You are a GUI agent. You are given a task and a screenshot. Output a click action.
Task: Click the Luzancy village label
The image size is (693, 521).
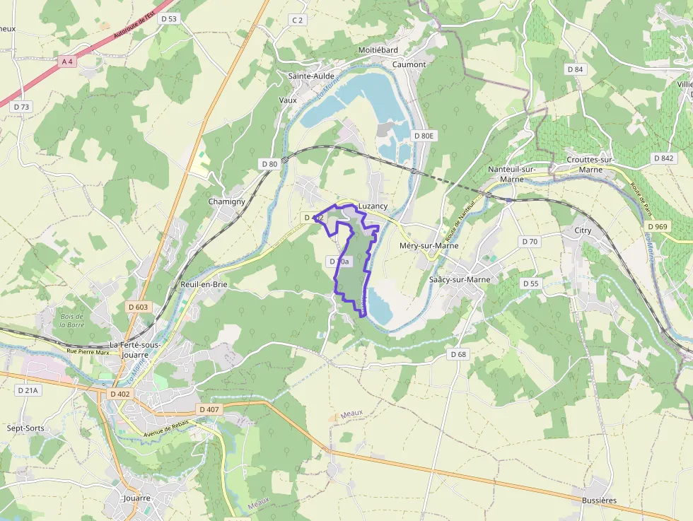click(x=373, y=206)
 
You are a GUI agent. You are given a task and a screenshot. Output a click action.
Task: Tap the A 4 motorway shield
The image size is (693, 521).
click(x=67, y=62)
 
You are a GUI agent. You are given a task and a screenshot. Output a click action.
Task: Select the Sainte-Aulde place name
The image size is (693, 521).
click(x=310, y=76)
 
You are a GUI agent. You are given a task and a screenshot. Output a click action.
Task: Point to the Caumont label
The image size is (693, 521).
click(x=409, y=64)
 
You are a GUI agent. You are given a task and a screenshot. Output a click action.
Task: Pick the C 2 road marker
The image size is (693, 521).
click(x=298, y=20)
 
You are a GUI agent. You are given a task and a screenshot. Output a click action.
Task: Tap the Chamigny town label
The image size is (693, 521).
click(x=226, y=201)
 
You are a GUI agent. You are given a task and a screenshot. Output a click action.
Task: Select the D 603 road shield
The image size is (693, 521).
click(x=139, y=307)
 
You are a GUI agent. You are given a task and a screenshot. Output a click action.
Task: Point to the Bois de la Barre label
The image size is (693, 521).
click(x=71, y=320)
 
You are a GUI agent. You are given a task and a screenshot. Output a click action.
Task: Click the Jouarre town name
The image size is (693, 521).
click(x=136, y=498)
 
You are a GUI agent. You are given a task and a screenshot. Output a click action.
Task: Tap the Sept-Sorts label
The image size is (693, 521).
click(x=25, y=428)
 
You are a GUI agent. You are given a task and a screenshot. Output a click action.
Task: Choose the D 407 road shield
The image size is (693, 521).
click(x=210, y=409)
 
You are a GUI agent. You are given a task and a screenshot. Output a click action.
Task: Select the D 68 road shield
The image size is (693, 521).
click(x=458, y=353)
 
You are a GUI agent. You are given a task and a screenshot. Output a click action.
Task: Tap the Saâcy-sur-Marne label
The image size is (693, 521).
click(x=459, y=280)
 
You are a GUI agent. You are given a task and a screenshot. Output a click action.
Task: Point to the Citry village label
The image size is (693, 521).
click(x=583, y=230)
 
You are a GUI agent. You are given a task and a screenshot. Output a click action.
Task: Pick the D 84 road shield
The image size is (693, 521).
click(x=575, y=69)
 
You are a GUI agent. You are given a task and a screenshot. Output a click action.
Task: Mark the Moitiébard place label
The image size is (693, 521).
click(x=378, y=50)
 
